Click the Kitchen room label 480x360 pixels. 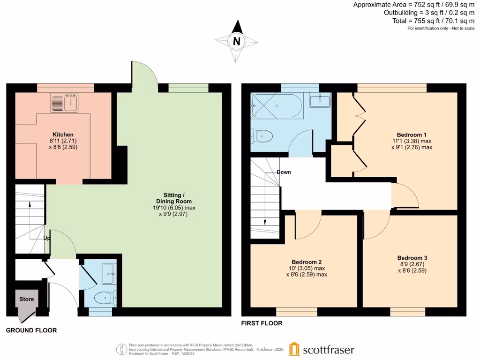click(63, 135)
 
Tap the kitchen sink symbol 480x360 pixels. click(65, 103)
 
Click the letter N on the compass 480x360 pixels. click(237, 41)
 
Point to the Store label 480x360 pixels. click(26, 299)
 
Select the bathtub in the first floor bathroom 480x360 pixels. click(277, 105)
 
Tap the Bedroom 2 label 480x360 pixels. click(306, 262)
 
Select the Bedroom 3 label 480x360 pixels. click(412, 258)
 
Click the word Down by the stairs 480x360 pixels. click(284, 172)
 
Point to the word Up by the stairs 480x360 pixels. click(47, 238)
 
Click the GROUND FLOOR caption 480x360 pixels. click(31, 330)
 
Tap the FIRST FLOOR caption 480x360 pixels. click(262, 323)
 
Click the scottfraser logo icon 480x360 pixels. click(294, 349)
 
